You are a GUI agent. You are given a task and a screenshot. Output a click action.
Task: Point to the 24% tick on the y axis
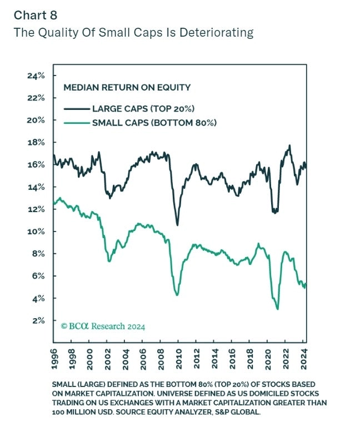38,76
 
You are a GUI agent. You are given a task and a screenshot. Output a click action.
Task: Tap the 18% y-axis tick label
38,143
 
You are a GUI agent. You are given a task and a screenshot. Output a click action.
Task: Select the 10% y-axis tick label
38,232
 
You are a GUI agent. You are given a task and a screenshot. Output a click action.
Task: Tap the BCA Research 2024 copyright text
103,326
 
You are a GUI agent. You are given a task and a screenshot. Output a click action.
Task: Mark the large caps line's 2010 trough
177,225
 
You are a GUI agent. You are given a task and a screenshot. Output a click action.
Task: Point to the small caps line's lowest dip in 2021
277,309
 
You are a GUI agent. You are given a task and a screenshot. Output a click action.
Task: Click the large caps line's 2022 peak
289,145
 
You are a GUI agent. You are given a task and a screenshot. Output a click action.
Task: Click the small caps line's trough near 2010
177,295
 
